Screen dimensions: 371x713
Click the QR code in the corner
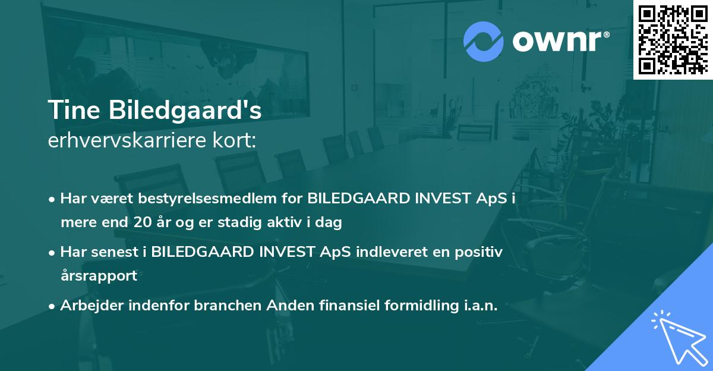pos(673,39)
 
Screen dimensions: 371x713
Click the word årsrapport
pos(99,276)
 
